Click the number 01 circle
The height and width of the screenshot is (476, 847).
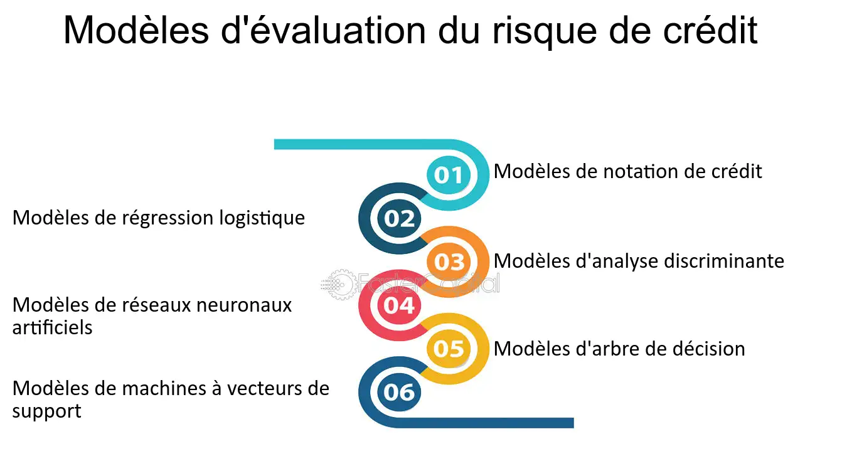449,175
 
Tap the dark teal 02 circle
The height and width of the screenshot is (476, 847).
399,218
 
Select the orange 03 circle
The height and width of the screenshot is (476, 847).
449,262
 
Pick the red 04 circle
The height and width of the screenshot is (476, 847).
399,305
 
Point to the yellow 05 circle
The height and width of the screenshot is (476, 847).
449,349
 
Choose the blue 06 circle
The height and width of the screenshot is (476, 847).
399,392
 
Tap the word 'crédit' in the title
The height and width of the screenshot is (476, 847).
710,30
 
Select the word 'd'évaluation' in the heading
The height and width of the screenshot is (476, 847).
323,30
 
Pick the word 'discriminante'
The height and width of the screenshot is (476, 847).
724,261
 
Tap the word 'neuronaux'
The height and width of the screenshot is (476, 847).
244,305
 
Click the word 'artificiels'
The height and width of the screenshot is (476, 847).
52,327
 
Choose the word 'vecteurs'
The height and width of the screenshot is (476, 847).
264,389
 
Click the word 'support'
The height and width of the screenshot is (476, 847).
46,411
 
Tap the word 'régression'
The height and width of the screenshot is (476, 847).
168,218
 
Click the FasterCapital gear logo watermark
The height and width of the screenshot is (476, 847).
339,284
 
